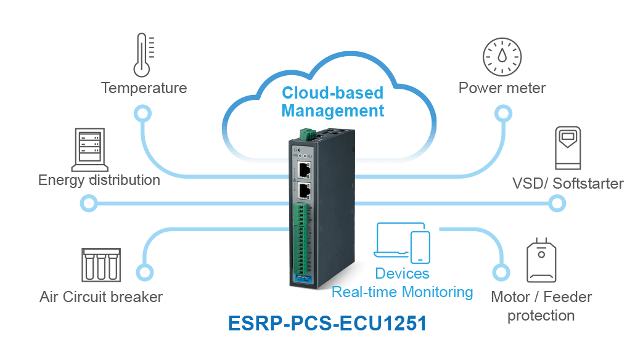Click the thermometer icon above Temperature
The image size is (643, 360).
tap(142, 55)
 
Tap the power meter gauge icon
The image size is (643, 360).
tap(502, 57)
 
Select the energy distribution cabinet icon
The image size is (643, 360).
tap(90, 150)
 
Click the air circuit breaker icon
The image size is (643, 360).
tap(101, 265)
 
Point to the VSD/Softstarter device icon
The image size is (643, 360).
tap(568, 148)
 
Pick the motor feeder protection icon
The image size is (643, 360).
tap(541, 260)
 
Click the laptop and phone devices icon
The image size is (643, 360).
tap(403, 243)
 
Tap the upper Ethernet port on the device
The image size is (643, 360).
tap(304, 170)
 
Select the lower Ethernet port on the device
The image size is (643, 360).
tap(304, 191)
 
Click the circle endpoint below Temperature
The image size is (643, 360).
tap(142, 113)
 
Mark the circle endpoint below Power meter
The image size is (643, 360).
tap(503, 113)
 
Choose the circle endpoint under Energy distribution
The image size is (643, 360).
tap(89, 203)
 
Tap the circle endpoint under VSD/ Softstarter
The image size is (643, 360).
tap(557, 203)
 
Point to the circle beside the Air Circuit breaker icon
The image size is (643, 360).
tap(144, 272)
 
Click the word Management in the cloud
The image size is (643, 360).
tap(332, 111)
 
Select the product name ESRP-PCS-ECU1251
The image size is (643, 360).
tap(327, 323)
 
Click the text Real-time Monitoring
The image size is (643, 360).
tap(403, 292)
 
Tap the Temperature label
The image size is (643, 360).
tap(144, 88)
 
